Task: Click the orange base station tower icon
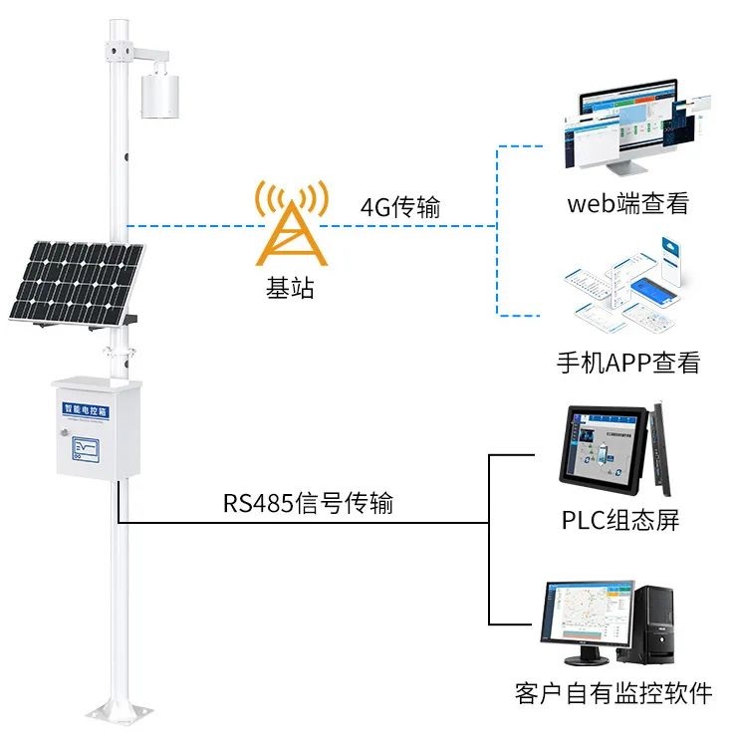point(290,223)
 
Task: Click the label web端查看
point(627,204)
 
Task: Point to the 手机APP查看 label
point(627,362)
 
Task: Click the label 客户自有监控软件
point(614,693)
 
